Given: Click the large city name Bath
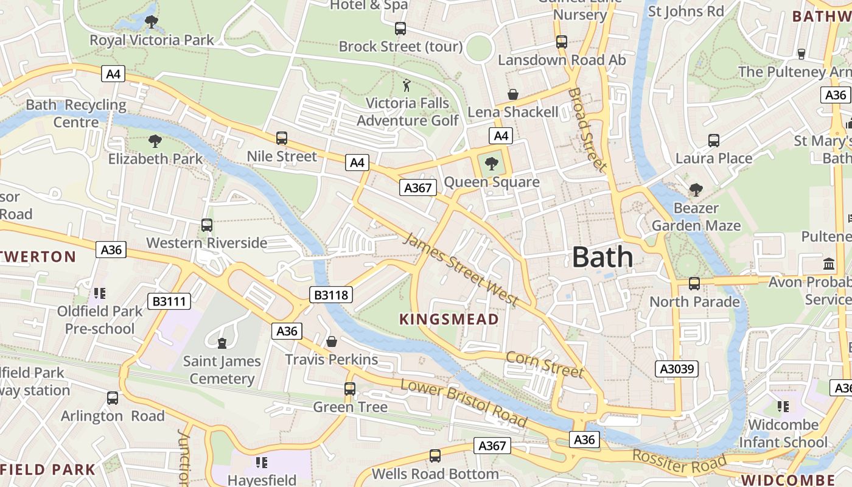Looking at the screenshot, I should click(x=602, y=258).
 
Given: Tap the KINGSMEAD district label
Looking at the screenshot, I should click(x=449, y=319).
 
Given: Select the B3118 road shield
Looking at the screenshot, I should click(x=331, y=295).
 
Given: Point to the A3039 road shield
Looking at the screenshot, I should click(x=677, y=369).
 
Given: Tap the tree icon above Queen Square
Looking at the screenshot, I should click(x=492, y=163).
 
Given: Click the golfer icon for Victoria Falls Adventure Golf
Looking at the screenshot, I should click(x=407, y=85).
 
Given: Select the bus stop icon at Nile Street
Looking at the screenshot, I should click(x=281, y=138).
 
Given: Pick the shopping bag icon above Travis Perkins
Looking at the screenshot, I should click(x=332, y=342).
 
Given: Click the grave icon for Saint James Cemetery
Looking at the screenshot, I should click(x=222, y=343).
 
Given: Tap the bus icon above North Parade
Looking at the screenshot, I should click(x=694, y=283).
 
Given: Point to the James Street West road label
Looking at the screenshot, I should click(x=461, y=270).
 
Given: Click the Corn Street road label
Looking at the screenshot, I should click(x=545, y=364).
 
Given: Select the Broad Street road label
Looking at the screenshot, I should click(x=587, y=129).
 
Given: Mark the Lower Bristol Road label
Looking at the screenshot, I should click(x=464, y=402).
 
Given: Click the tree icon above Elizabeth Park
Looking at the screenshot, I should click(x=155, y=141).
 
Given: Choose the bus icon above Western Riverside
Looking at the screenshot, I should click(x=207, y=225).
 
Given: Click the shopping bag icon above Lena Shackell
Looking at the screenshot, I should click(x=513, y=94).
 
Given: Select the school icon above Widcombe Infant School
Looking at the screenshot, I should click(x=783, y=406).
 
